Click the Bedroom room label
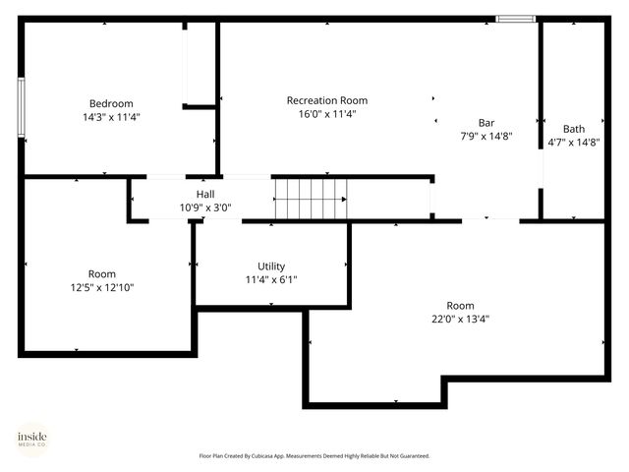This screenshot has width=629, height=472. (x=111, y=103)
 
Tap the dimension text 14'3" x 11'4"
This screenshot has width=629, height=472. (x=111, y=116)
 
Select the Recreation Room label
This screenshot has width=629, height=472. (x=326, y=100)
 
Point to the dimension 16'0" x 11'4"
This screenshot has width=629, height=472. (x=326, y=113)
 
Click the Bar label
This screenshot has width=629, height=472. (x=486, y=123)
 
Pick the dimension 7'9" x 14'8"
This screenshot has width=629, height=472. (x=486, y=136)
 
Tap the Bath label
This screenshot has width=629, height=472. (x=574, y=129)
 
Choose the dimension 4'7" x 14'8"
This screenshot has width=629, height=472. (x=574, y=142)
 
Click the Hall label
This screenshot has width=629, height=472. (x=205, y=195)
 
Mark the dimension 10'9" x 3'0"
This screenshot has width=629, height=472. (x=205, y=207)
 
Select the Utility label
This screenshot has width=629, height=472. (x=271, y=266)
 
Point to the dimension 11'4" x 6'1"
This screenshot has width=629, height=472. (x=271, y=279)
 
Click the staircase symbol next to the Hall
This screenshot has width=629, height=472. (x=310, y=199)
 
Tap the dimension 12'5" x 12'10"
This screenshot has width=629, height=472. (x=102, y=287)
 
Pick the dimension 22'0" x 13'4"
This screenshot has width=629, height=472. (x=460, y=319)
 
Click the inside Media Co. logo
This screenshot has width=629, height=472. (x=31, y=438)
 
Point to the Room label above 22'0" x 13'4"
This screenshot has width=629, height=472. (x=460, y=306)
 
